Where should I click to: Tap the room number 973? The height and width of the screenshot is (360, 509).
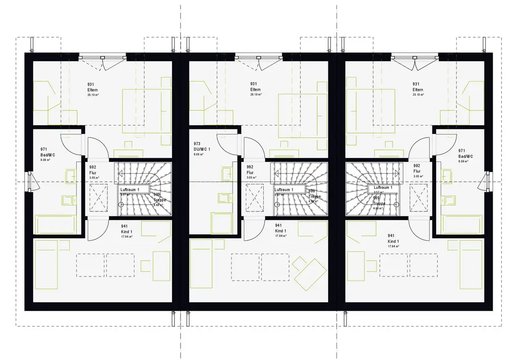197,144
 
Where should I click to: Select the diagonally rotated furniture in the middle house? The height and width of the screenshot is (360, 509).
309,270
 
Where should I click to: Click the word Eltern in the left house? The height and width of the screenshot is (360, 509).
92,89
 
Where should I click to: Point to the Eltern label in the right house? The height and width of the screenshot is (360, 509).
417,89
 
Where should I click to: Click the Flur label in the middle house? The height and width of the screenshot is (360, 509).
250,173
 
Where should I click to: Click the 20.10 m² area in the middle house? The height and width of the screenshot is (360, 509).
254,95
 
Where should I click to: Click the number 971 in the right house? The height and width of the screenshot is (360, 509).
462,150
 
